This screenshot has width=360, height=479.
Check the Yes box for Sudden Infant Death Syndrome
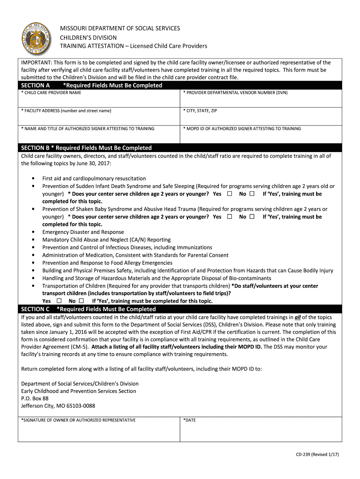(230, 194)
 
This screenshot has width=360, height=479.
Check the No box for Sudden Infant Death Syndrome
(252, 194)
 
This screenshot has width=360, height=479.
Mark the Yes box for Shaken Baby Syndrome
(230, 217)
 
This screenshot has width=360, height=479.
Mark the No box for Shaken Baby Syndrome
(252, 217)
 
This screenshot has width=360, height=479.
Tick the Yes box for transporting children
(59, 301)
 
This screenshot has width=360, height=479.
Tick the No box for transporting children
(81, 301)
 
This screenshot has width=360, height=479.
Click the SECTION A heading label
(36, 85)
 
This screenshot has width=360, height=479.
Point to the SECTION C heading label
(36, 309)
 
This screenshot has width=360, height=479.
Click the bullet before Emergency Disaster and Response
(33, 232)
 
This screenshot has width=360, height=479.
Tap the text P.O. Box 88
(35, 399)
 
